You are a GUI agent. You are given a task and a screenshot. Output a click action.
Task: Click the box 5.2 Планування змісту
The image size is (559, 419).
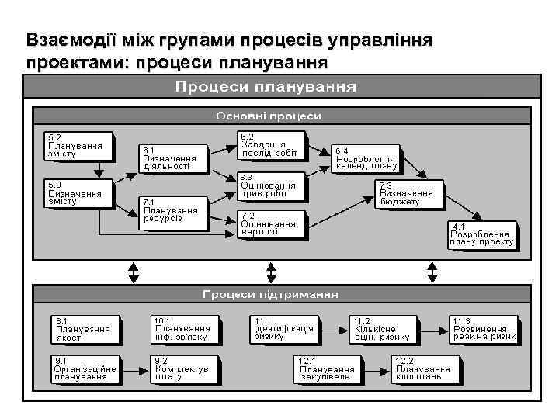coord(76,145)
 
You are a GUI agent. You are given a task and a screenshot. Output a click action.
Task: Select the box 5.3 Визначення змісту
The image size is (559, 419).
coord(76,193)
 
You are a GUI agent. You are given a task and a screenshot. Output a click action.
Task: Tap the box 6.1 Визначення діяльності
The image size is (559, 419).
coord(172,158)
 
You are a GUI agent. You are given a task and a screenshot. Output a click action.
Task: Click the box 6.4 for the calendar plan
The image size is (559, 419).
coord(366,158)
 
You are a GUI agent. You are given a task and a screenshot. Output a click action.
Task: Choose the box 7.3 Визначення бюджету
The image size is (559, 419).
coord(409,194)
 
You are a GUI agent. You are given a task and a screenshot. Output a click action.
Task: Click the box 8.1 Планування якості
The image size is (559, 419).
coord(85,329)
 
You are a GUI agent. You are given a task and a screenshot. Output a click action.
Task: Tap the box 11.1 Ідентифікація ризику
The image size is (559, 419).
coord(283,329)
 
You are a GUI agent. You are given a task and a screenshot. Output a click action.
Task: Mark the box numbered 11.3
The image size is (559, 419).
coord(484,329)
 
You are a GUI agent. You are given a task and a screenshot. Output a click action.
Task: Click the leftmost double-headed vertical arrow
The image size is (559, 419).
coord(134,272)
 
